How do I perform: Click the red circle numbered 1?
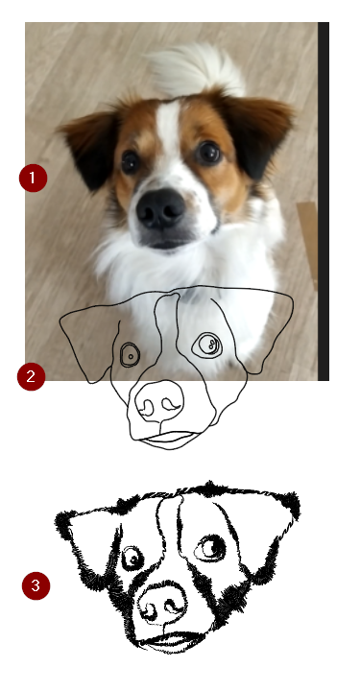pos(33,178)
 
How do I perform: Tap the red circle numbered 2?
pos(32,375)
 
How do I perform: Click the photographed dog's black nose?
pos(159,207)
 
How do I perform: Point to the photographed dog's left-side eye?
pos(131,161)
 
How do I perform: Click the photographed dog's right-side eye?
pos(208,152)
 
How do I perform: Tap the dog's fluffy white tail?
pos(196,67)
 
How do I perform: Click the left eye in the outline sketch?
pos(129,355)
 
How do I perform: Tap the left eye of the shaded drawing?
pos(132,558)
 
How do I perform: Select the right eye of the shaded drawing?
pos(212,547)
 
